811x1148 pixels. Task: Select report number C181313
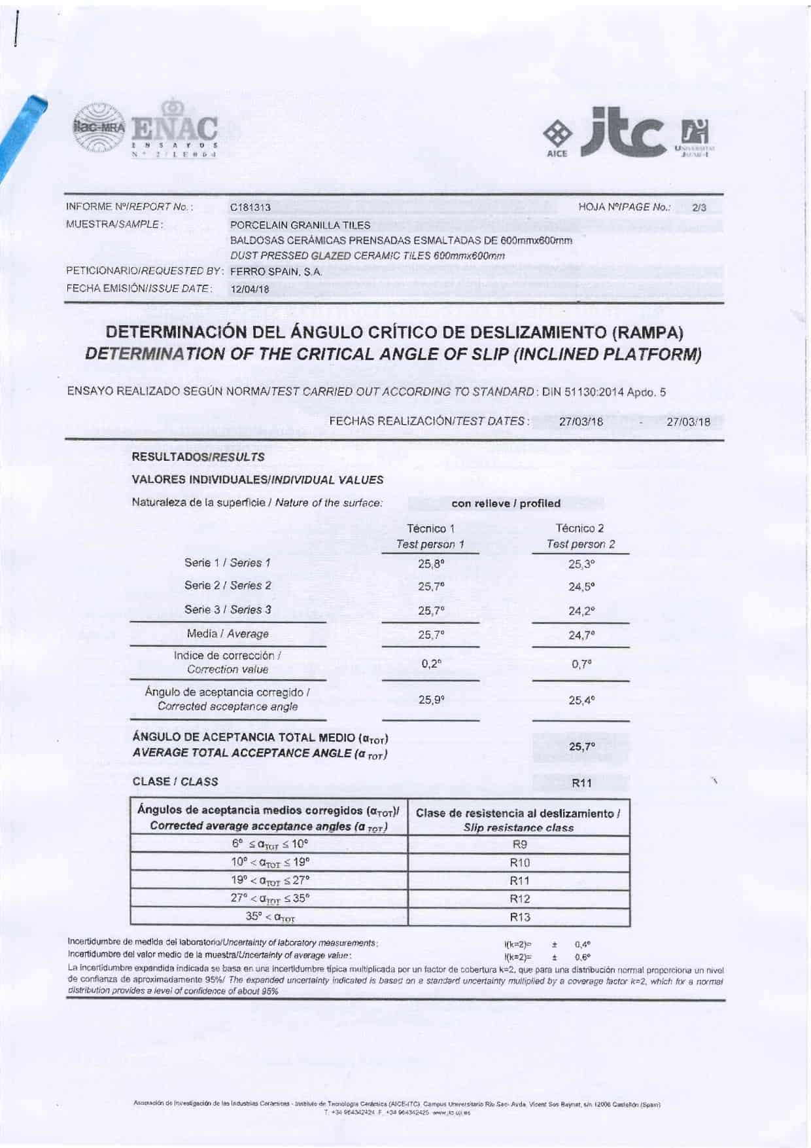coord(250,208)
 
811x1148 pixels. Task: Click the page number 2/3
coord(699,208)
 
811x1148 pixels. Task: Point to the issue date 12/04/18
coord(250,289)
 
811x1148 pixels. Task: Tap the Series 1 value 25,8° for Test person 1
coord(431,564)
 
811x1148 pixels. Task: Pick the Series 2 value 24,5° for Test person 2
coord(581,587)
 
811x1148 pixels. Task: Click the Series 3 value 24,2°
coord(581,611)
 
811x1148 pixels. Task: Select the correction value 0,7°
coord(581,664)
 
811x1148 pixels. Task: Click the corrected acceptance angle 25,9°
coord(432,700)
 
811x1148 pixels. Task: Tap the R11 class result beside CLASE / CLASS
coord(581,783)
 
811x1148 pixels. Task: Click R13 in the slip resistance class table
coord(520,917)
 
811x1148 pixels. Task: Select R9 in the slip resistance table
coord(520,844)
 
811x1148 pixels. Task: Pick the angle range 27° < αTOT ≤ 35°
coord(269,899)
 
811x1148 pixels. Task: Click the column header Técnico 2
coord(579,528)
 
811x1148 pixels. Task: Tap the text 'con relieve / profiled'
coord(506,503)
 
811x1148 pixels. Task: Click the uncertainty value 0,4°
coord(582,944)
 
